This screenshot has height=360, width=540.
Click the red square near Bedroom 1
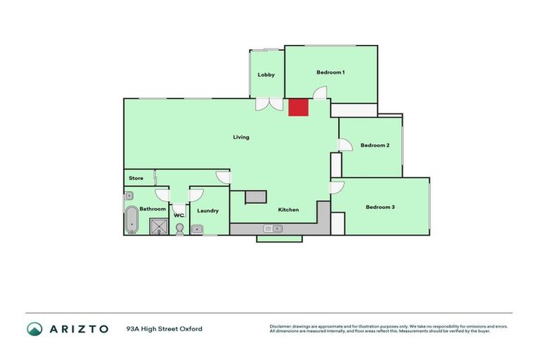pyautogui.click(x=298, y=107)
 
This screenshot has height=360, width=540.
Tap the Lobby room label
pyautogui.click(x=266, y=75)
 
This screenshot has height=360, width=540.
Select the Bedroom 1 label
pyautogui.click(x=330, y=72)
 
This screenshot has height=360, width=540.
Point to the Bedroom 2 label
pyautogui.click(x=375, y=146)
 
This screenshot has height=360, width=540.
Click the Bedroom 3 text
pyautogui.click(x=380, y=207)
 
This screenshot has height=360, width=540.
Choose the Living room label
pyautogui.click(x=241, y=137)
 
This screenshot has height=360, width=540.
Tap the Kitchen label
pyautogui.click(x=288, y=210)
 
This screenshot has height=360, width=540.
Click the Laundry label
pyautogui.click(x=207, y=210)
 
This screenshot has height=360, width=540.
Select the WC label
pyautogui.click(x=179, y=215)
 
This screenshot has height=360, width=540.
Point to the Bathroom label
pyautogui.click(x=153, y=209)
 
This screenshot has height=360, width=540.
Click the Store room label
pyautogui.click(x=136, y=179)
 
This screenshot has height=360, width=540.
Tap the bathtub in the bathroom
pyautogui.click(x=131, y=221)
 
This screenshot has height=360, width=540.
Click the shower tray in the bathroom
pyautogui.click(x=160, y=226)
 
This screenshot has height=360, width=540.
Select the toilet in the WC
pyautogui.click(x=179, y=229)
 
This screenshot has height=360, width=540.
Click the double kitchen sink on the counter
pyautogui.click(x=272, y=228)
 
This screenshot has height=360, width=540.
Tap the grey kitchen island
pyautogui.click(x=256, y=197)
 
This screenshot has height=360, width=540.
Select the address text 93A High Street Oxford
pyautogui.click(x=165, y=328)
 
